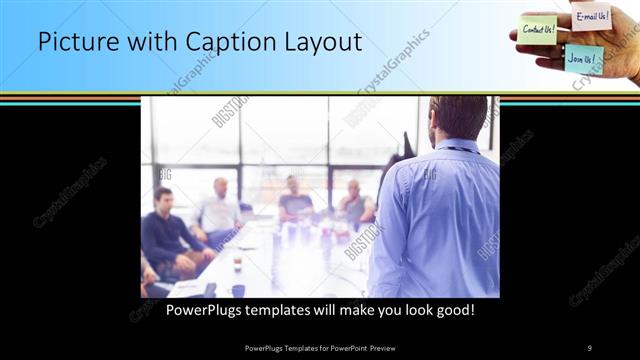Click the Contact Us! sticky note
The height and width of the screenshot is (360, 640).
[x=538, y=29]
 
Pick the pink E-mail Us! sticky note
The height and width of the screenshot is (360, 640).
[x=591, y=16]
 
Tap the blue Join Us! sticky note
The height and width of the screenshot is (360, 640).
[x=583, y=58]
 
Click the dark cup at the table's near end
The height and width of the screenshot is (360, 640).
[x=238, y=290]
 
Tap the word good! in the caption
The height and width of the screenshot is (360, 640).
[x=453, y=310]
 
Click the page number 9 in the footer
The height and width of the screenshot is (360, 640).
[x=589, y=347]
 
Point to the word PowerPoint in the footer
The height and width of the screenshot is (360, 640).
[x=358, y=347]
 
